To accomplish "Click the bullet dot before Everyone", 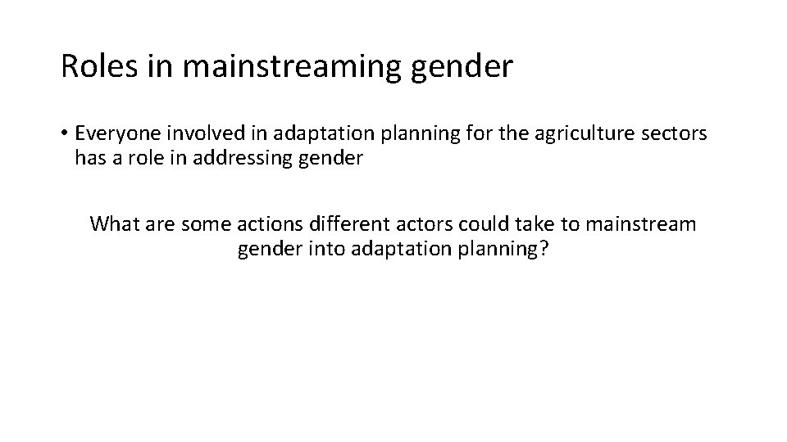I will (64, 133).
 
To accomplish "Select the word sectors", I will (676, 133).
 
